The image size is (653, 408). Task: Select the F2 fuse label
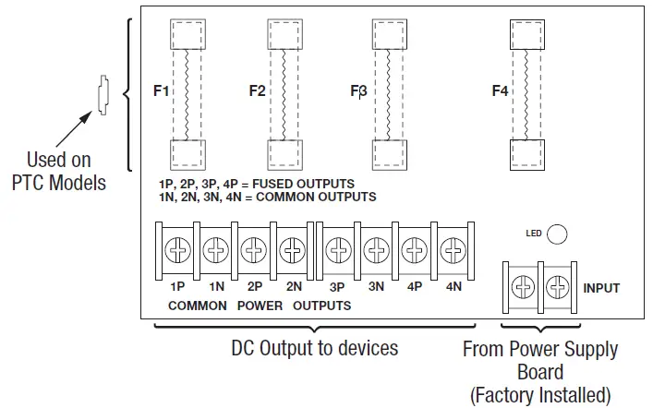pos(257,91)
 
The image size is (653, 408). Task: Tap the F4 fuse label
pos(500,91)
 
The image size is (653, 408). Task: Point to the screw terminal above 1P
pos(176,249)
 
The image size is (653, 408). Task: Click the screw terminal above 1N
pos(215,249)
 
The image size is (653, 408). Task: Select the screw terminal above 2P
pos(254,249)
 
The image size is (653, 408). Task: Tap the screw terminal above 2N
pos(293,249)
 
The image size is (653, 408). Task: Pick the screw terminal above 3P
pos(338,249)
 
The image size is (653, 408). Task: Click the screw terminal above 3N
pos(376,249)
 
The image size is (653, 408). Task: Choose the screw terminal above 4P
pos(415,249)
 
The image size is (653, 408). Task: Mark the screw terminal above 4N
pos(453,249)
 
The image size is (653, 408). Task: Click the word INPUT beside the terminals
pos(601,288)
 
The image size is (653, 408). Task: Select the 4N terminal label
pos(453,287)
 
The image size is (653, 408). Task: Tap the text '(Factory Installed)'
pos(540,395)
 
